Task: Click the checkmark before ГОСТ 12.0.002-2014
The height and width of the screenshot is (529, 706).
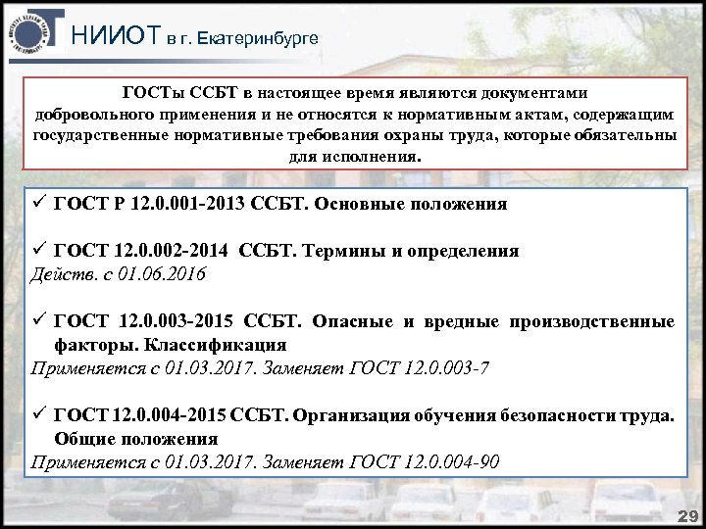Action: pos(38,250)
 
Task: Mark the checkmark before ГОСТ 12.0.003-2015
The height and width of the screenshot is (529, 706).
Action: pos(38,320)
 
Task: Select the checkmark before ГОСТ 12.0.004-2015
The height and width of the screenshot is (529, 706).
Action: pos(38,414)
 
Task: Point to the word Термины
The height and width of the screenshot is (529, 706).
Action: pos(345,251)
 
